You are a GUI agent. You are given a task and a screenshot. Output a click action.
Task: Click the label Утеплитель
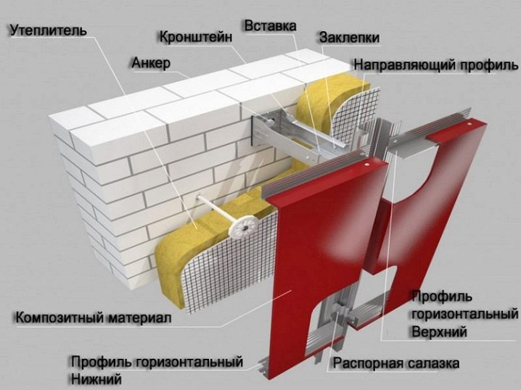49,30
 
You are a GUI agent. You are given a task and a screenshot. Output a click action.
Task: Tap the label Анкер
151,63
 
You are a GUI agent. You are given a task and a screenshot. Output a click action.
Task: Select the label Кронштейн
196,37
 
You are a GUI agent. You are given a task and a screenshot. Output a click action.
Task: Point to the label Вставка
270,26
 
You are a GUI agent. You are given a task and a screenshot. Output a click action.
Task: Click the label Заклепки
349,38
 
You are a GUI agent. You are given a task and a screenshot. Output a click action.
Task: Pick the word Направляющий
404,65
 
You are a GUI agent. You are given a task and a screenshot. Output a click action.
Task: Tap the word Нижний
96,378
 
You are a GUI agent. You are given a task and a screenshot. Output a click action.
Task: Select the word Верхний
439,331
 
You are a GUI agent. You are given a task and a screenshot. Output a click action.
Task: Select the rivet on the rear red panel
469,124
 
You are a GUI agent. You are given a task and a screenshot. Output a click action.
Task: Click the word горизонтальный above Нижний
189,362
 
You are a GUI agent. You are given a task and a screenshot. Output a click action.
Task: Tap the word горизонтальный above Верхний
465,314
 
